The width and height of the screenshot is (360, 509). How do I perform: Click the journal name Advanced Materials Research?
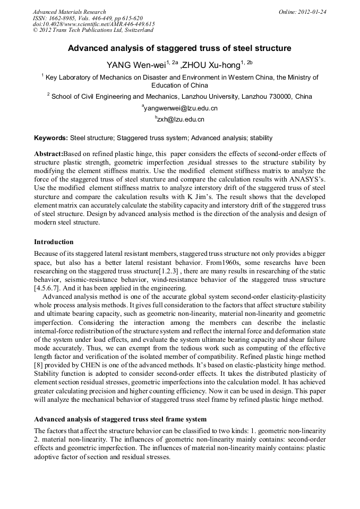pos(69,12)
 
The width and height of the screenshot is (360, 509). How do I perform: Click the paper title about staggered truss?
pos(179,48)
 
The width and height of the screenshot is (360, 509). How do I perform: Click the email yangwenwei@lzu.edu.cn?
pos(181,108)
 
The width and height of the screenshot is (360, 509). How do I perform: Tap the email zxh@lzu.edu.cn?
pos(181,119)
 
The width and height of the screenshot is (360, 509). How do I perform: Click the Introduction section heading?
pos(54,242)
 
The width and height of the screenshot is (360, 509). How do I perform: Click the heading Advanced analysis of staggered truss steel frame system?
pos(120,419)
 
